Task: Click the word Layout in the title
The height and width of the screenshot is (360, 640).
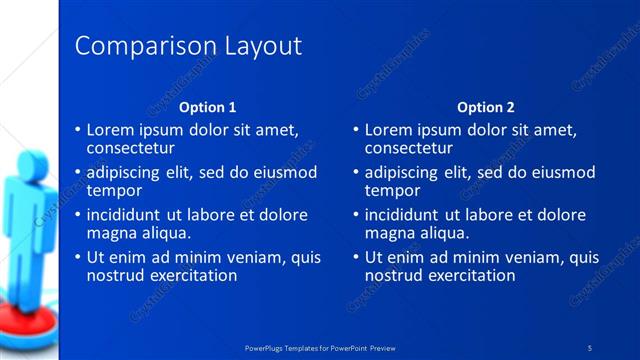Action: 261,46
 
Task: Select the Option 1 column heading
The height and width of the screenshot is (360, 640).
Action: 208,108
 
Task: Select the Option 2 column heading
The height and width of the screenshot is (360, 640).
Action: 486,108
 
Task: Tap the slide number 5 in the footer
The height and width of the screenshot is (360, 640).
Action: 590,347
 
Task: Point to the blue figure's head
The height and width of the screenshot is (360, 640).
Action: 22,161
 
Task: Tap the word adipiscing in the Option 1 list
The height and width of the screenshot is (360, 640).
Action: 126,172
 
